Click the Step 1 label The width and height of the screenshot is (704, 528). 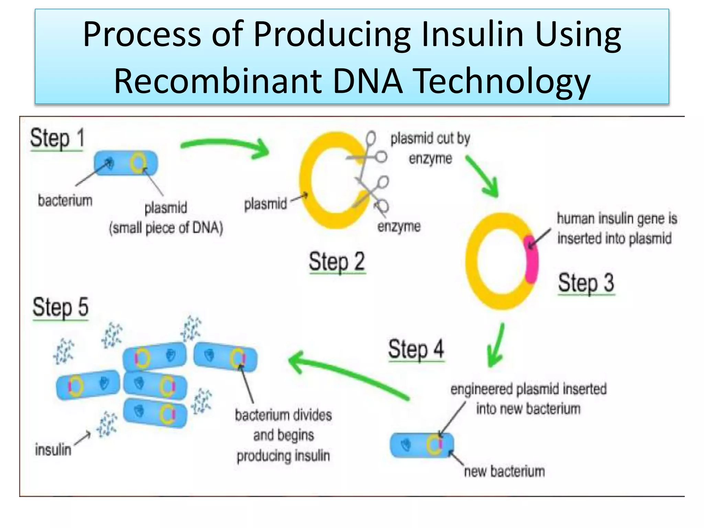coord(57,139)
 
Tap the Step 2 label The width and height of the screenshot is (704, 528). coord(337,262)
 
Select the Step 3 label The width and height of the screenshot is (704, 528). coord(586,283)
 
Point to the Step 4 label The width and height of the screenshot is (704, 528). coord(416,349)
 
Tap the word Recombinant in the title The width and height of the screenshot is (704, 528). coord(218,81)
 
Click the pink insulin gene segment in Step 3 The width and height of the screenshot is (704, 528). coord(531,260)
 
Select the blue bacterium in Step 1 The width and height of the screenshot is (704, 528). coord(126,163)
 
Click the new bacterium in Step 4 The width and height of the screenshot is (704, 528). coord(421,445)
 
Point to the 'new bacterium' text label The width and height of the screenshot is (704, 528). coord(504,471)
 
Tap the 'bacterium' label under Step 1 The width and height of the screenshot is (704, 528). coord(65,200)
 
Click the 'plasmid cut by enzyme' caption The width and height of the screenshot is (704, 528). coord(430,148)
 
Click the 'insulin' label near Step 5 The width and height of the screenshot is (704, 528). coord(53,450)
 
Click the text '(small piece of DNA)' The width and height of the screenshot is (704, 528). coord(166,228)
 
